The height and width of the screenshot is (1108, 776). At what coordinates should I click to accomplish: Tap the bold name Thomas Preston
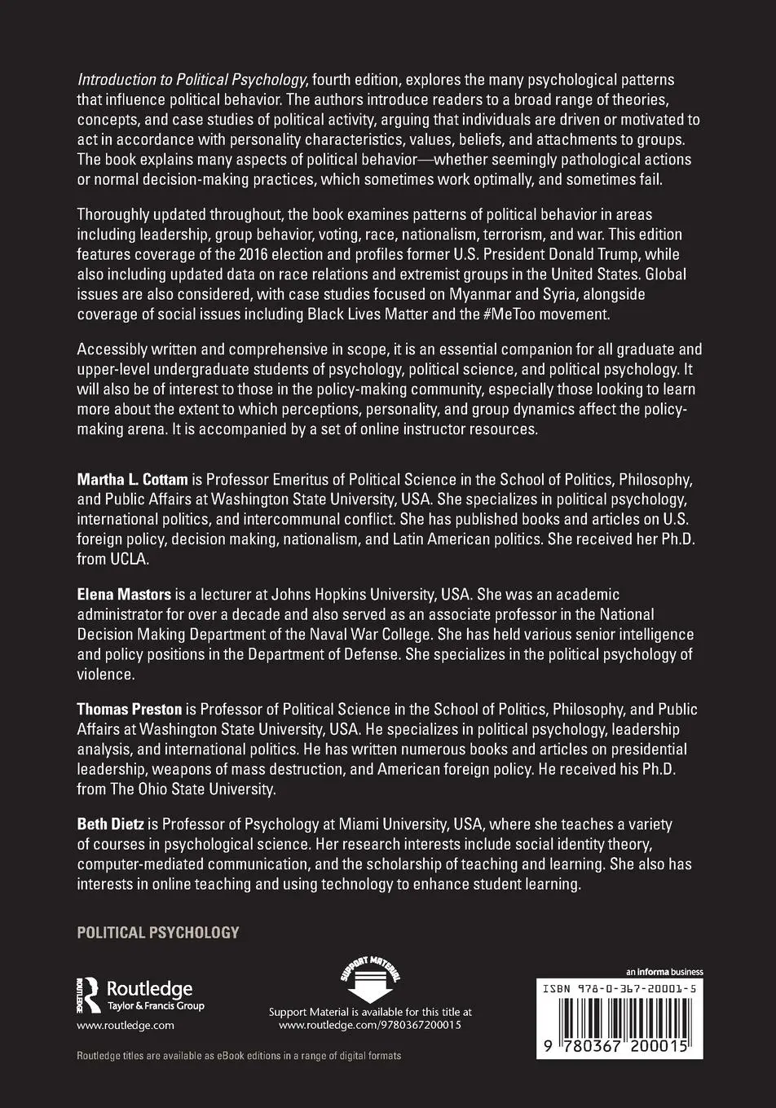pyautogui.click(x=130, y=709)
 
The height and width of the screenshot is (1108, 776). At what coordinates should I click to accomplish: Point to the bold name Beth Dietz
pyautogui.click(x=110, y=825)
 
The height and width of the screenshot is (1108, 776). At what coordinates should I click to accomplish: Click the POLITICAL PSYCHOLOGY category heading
pyautogui.click(x=158, y=932)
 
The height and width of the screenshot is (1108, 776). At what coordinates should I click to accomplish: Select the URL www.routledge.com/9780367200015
pyautogui.click(x=370, y=1026)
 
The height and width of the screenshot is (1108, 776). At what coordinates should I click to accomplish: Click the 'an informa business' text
pyautogui.click(x=664, y=972)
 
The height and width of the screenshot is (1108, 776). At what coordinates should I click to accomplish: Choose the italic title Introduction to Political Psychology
pyautogui.click(x=192, y=80)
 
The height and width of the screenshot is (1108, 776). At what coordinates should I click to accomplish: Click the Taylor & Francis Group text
pyautogui.click(x=156, y=1006)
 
